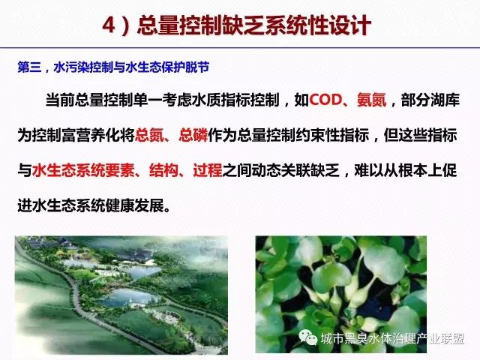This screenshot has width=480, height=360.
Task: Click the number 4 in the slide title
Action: pos(109,25)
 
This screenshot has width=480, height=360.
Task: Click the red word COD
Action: pos(325,100)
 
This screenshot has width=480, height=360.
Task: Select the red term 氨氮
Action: pos(372,100)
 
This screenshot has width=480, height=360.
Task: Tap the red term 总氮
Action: pos(149,135)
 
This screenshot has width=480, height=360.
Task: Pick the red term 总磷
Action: pos(193,135)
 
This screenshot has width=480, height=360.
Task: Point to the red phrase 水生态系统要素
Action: pos(83,170)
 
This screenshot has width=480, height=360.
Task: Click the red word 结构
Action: pos(164,170)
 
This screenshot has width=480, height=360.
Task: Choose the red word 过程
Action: pos(208,170)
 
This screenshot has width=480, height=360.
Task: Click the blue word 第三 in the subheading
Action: pos(29,67)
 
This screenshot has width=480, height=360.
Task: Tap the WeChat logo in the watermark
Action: pos(308,337)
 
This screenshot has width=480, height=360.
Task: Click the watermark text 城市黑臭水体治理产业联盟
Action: pos(393,338)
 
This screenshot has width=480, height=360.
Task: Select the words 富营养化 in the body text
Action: pos(91,135)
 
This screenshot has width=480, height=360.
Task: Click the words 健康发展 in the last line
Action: pos(135,205)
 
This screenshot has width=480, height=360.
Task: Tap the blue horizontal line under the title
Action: pos(240,48)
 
